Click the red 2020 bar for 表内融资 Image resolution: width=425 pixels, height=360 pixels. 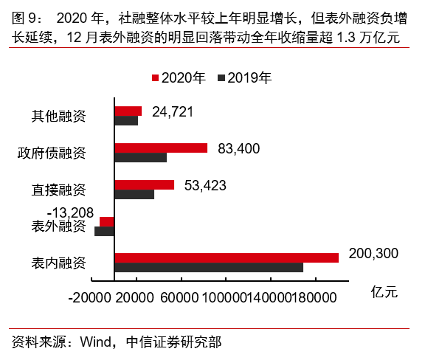(226, 257)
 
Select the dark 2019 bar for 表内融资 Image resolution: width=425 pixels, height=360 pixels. (208, 267)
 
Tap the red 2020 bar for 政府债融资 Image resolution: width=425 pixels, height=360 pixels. (161, 148)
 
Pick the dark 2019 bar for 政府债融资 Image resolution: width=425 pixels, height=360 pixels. (140, 157)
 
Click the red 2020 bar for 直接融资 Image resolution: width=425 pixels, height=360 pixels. (144, 184)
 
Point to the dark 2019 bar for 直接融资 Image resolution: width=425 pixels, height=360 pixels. (134, 194)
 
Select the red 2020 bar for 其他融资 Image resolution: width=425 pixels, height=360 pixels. (128, 111)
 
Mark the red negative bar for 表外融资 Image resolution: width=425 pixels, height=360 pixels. (107, 221)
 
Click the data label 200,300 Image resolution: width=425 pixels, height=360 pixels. (373, 253)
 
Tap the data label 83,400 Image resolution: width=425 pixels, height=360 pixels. (239, 148)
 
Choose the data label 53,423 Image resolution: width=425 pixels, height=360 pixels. (205, 185)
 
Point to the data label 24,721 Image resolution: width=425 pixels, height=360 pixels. (172, 112)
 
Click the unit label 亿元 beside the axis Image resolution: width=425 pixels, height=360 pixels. (384, 291)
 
